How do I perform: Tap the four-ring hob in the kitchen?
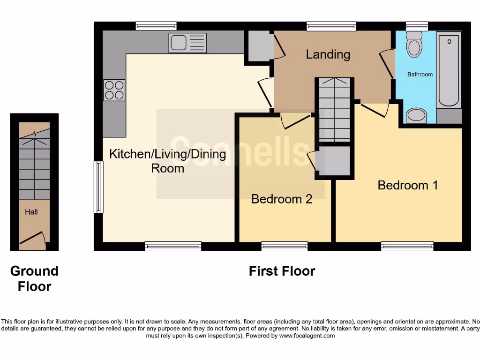(x=114, y=90)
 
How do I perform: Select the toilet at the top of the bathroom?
(x=414, y=44)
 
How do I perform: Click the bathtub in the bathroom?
(x=449, y=70)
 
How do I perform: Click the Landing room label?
(x=328, y=54)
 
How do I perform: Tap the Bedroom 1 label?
(x=408, y=185)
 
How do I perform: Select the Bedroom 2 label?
(x=282, y=199)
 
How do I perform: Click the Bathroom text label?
(x=420, y=75)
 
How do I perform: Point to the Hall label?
(x=31, y=212)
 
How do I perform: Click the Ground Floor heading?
(x=34, y=278)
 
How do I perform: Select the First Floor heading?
(x=282, y=271)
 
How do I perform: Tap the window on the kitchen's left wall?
(x=98, y=187)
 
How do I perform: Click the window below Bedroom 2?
(x=285, y=246)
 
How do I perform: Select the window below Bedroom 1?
(x=407, y=246)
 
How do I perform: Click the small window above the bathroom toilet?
(x=417, y=26)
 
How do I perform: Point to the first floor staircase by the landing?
(x=334, y=110)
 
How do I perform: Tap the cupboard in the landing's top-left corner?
(x=258, y=46)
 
